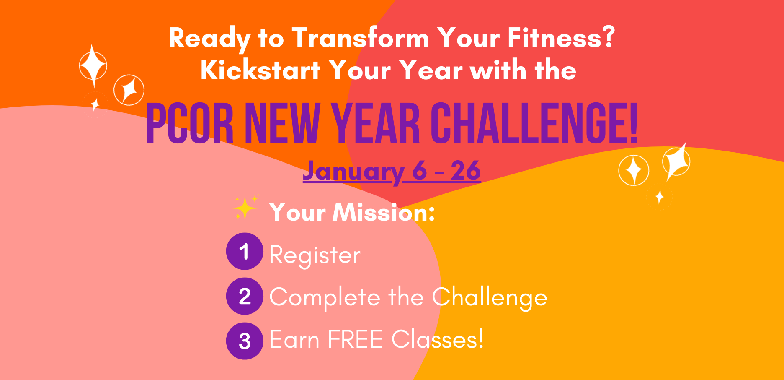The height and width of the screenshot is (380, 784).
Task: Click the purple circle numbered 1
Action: click(245, 251)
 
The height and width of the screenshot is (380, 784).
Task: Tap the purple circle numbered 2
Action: click(245, 296)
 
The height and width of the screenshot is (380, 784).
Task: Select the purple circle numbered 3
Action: click(245, 341)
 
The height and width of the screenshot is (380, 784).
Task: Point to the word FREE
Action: click(355, 339)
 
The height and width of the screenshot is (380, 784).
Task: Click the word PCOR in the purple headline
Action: click(190, 124)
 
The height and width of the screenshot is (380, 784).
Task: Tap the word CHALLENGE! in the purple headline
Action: click(534, 124)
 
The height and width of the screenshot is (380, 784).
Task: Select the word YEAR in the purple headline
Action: click(376, 124)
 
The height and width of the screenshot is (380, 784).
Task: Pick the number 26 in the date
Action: click(466, 170)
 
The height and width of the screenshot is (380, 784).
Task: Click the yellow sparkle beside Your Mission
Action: click(245, 207)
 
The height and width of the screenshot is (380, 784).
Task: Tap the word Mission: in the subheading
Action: click(384, 212)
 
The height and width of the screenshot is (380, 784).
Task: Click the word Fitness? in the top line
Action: click(561, 37)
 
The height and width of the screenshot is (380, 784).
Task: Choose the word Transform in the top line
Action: click(361, 38)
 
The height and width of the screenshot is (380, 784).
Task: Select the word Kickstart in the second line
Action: click(260, 70)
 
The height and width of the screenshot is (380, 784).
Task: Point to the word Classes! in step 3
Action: click(438, 339)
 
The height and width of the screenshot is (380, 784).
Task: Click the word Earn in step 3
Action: click(295, 339)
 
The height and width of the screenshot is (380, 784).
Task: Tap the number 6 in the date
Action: click(420, 170)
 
